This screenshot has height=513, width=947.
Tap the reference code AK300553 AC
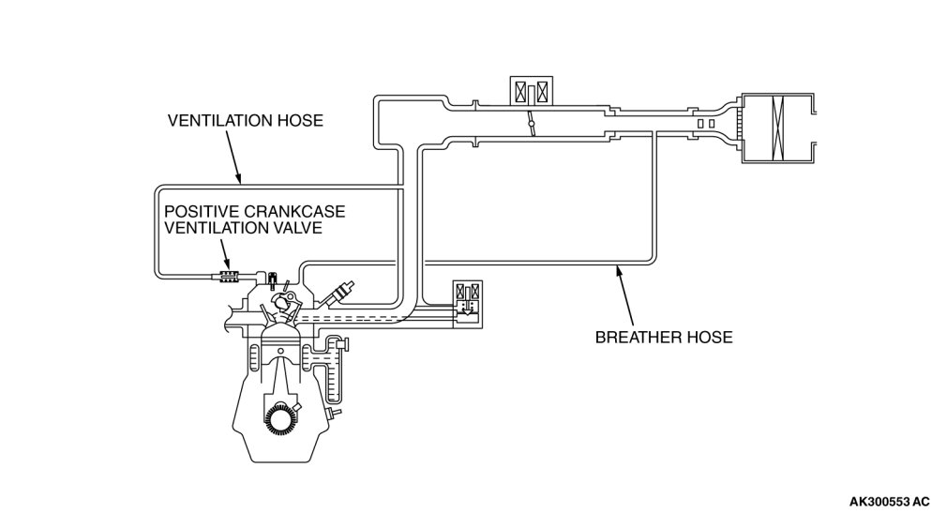click(x=890, y=501)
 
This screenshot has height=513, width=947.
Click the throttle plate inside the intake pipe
click(x=530, y=124)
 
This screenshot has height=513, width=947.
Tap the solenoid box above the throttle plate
click(x=531, y=90)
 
